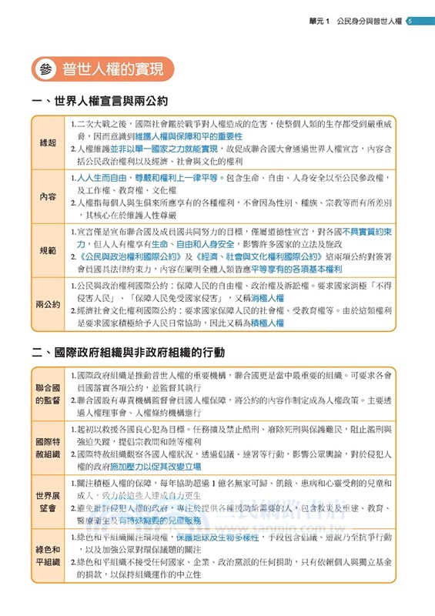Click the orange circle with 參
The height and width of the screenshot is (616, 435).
point(43,70)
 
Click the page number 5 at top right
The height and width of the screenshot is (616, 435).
point(410,21)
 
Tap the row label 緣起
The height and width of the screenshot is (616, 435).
point(48,143)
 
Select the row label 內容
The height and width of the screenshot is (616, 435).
point(48,196)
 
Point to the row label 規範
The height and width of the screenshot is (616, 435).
point(48,250)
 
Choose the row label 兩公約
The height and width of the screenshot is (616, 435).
point(48,304)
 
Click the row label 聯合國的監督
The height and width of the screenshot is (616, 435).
point(48,393)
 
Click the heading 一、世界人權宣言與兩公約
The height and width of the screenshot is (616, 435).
point(100,102)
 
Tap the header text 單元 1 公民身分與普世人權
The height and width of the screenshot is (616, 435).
point(353,21)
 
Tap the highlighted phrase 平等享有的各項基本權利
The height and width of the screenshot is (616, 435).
point(296,269)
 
